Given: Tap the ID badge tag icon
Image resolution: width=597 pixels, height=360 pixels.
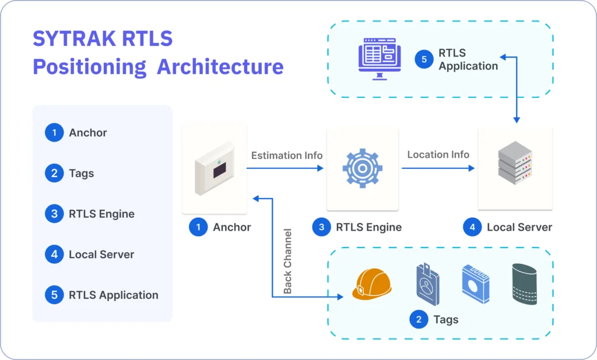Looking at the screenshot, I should pyautogui.click(x=428, y=284).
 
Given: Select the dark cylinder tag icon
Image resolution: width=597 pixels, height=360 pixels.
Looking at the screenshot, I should pyautogui.click(x=525, y=284).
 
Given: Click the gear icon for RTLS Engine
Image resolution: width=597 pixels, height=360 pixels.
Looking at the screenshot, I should pyautogui.click(x=362, y=168).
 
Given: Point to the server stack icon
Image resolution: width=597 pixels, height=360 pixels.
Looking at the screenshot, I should pyautogui.click(x=515, y=167).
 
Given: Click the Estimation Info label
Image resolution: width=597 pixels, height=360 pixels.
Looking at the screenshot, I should pyautogui.click(x=287, y=156).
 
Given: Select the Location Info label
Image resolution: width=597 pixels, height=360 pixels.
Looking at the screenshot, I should pyautogui.click(x=438, y=154).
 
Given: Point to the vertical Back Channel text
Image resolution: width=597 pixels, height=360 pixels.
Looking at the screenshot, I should pyautogui.click(x=287, y=260).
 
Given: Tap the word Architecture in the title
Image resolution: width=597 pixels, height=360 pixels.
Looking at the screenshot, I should pyautogui.click(x=220, y=66).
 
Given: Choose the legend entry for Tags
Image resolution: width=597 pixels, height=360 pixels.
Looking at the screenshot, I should pyautogui.click(x=81, y=173).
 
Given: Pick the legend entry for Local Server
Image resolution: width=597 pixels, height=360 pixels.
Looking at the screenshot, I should pyautogui.click(x=101, y=255).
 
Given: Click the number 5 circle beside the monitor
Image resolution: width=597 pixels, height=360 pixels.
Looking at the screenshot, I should pyautogui.click(x=424, y=59).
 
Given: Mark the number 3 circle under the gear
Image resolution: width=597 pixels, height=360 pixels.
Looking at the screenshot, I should pyautogui.click(x=321, y=227).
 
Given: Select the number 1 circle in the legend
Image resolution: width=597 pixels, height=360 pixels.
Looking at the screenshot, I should pyautogui.click(x=54, y=133).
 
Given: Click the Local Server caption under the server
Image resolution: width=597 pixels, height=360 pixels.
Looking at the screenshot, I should pyautogui.click(x=519, y=227).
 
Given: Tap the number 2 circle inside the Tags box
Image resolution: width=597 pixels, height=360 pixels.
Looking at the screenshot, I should pyautogui.click(x=419, y=319).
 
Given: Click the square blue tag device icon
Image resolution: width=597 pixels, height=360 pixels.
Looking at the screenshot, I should pyautogui.click(x=475, y=284).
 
